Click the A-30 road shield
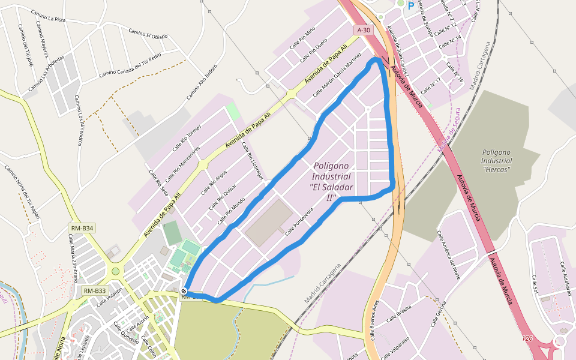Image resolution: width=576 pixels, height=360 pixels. [364, 30]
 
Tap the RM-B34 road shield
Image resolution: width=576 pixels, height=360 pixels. [82, 228]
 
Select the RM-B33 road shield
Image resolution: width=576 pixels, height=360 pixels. [95, 291]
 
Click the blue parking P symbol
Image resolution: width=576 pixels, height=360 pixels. [411, 5]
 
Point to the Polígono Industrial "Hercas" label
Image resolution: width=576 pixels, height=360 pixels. [496, 161]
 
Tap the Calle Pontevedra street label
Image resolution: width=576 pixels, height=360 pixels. [299, 221]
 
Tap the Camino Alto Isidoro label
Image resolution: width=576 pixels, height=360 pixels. [201, 82]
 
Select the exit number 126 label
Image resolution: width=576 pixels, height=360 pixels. [527, 339]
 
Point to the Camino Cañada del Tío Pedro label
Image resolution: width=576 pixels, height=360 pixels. [130, 65]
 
